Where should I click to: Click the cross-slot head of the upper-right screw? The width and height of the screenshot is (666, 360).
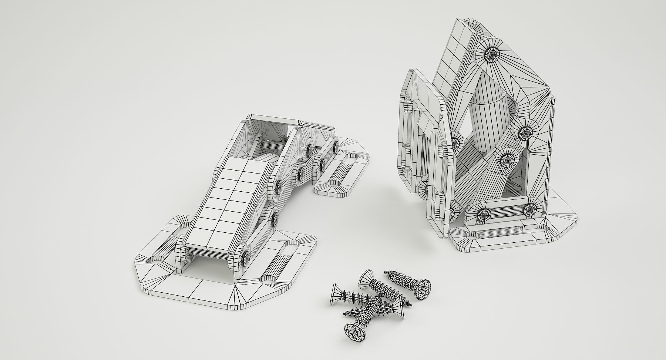click(423, 289)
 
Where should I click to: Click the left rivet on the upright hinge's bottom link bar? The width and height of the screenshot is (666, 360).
click(484, 214)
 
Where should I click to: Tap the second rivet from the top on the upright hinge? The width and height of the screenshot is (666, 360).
click(524, 132)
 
